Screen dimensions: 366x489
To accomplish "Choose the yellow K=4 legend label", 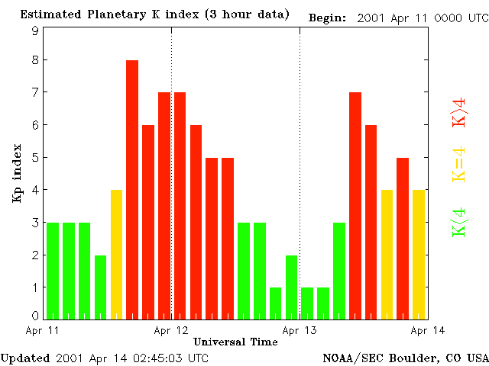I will coord(459,164).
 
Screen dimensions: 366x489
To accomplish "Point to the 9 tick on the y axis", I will coord(35,31).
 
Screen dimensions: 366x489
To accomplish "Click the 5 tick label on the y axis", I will coord(35,158).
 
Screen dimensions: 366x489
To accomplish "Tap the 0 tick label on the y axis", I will coord(35,315).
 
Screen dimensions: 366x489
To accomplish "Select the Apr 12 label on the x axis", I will coord(171,331).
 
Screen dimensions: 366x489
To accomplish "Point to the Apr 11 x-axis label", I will coord(43,331).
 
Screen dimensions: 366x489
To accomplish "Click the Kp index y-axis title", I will coord(17,173).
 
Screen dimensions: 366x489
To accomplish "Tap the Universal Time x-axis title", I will coord(235,342).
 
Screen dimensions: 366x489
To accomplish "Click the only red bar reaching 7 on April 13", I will coord(355,205).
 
